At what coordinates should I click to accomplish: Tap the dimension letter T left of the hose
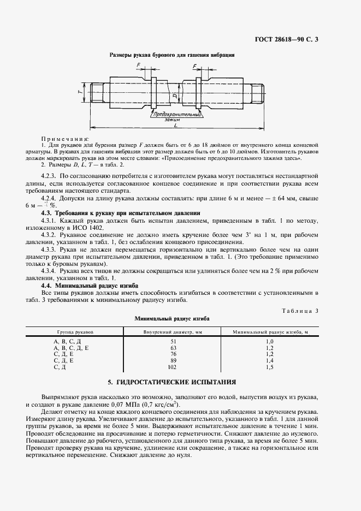coord(80,93)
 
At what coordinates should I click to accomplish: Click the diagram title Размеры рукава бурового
coord(172,55)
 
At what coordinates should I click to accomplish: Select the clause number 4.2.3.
coord(50,176)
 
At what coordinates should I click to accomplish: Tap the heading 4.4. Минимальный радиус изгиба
coord(90,285)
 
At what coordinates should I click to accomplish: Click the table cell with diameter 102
coord(173,367)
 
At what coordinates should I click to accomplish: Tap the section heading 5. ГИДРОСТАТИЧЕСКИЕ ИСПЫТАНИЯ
coord(172,382)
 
